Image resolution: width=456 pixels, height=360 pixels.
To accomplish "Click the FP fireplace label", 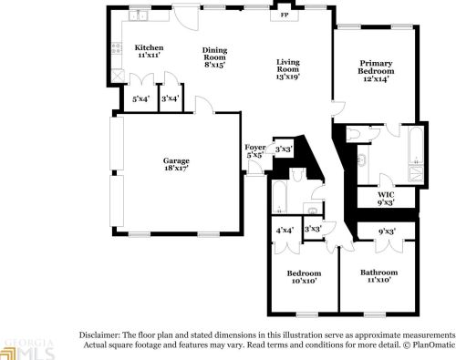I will coord(284,15).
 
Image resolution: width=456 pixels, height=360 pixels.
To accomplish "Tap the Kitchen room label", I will coord(149,52).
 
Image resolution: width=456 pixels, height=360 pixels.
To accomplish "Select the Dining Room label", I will coord(215,57).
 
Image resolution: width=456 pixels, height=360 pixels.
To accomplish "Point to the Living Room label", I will coord(288,68).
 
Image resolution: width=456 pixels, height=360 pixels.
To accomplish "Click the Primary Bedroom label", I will coord(376,70).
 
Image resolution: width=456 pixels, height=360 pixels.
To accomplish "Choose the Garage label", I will coord(176,166).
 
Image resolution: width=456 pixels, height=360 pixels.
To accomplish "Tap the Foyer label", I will coord(255,151).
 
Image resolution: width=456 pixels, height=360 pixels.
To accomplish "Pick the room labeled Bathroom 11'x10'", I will coord(378,277).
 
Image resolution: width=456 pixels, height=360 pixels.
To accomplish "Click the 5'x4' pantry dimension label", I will coord(141,98).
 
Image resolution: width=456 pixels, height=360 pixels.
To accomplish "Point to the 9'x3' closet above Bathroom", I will coord(387,231).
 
